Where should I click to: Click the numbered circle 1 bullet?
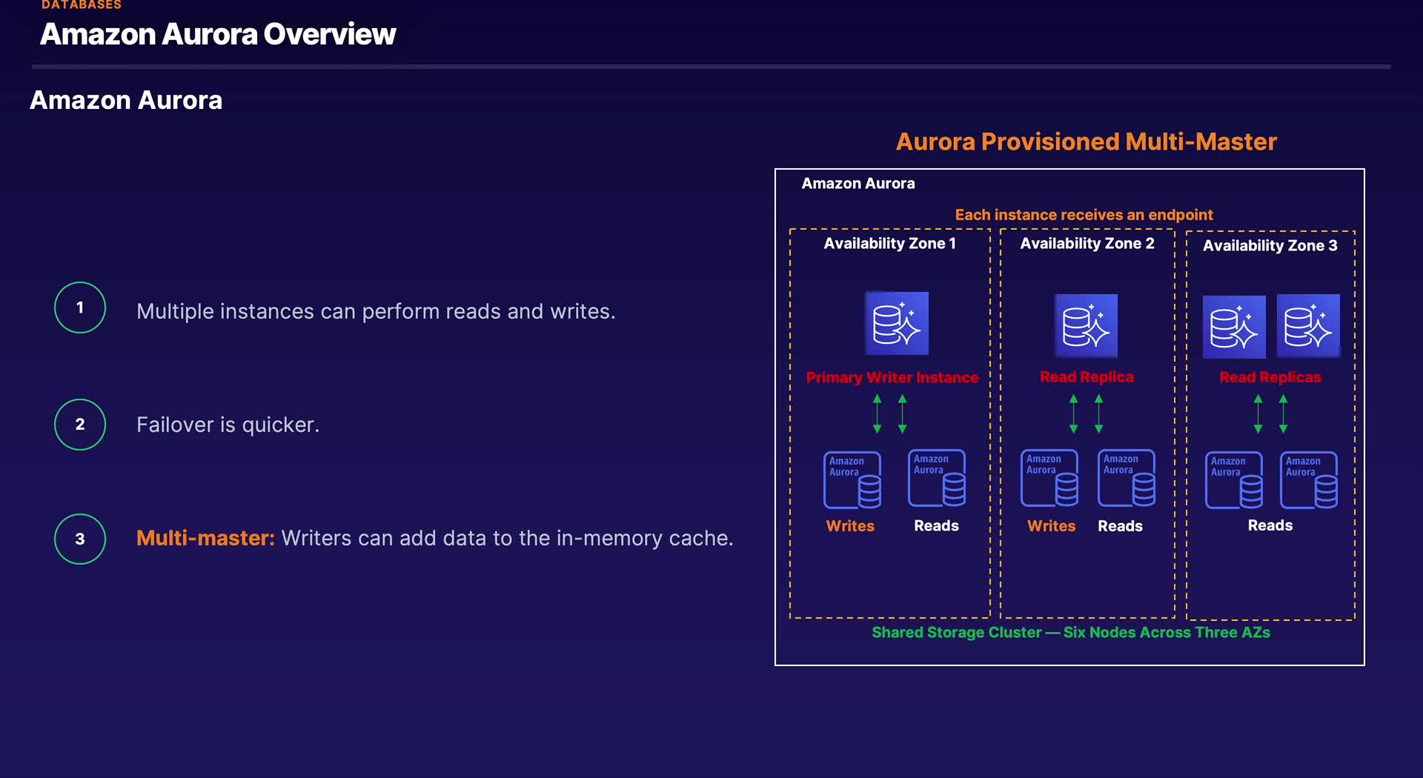pyautogui.click(x=80, y=307)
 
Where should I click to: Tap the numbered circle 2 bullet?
pyautogui.click(x=80, y=425)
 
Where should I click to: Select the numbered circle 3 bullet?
pyautogui.click(x=80, y=539)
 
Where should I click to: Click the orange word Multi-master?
pyautogui.click(x=205, y=538)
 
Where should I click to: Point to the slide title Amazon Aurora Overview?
pyautogui.click(x=218, y=34)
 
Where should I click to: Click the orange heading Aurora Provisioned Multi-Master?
pyautogui.click(x=1087, y=142)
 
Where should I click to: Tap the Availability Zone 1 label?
pyautogui.click(x=889, y=243)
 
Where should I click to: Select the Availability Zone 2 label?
pyautogui.click(x=1087, y=243)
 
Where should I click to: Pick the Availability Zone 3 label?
pyautogui.click(x=1270, y=245)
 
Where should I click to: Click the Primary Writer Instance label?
pyautogui.click(x=892, y=377)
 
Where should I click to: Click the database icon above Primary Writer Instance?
pyautogui.click(x=897, y=323)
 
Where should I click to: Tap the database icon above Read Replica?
pyautogui.click(x=1086, y=326)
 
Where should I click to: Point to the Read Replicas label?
pyautogui.click(x=1270, y=377)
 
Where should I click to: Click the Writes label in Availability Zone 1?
pyautogui.click(x=850, y=526)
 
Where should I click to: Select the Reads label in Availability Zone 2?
pyautogui.click(x=1120, y=526)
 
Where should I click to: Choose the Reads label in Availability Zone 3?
pyautogui.click(x=1270, y=525)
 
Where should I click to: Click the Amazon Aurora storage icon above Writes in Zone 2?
pyautogui.click(x=1049, y=478)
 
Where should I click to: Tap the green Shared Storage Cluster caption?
pyautogui.click(x=1071, y=632)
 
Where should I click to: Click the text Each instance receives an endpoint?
pyautogui.click(x=1084, y=215)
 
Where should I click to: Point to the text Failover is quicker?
pyautogui.click(x=228, y=425)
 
